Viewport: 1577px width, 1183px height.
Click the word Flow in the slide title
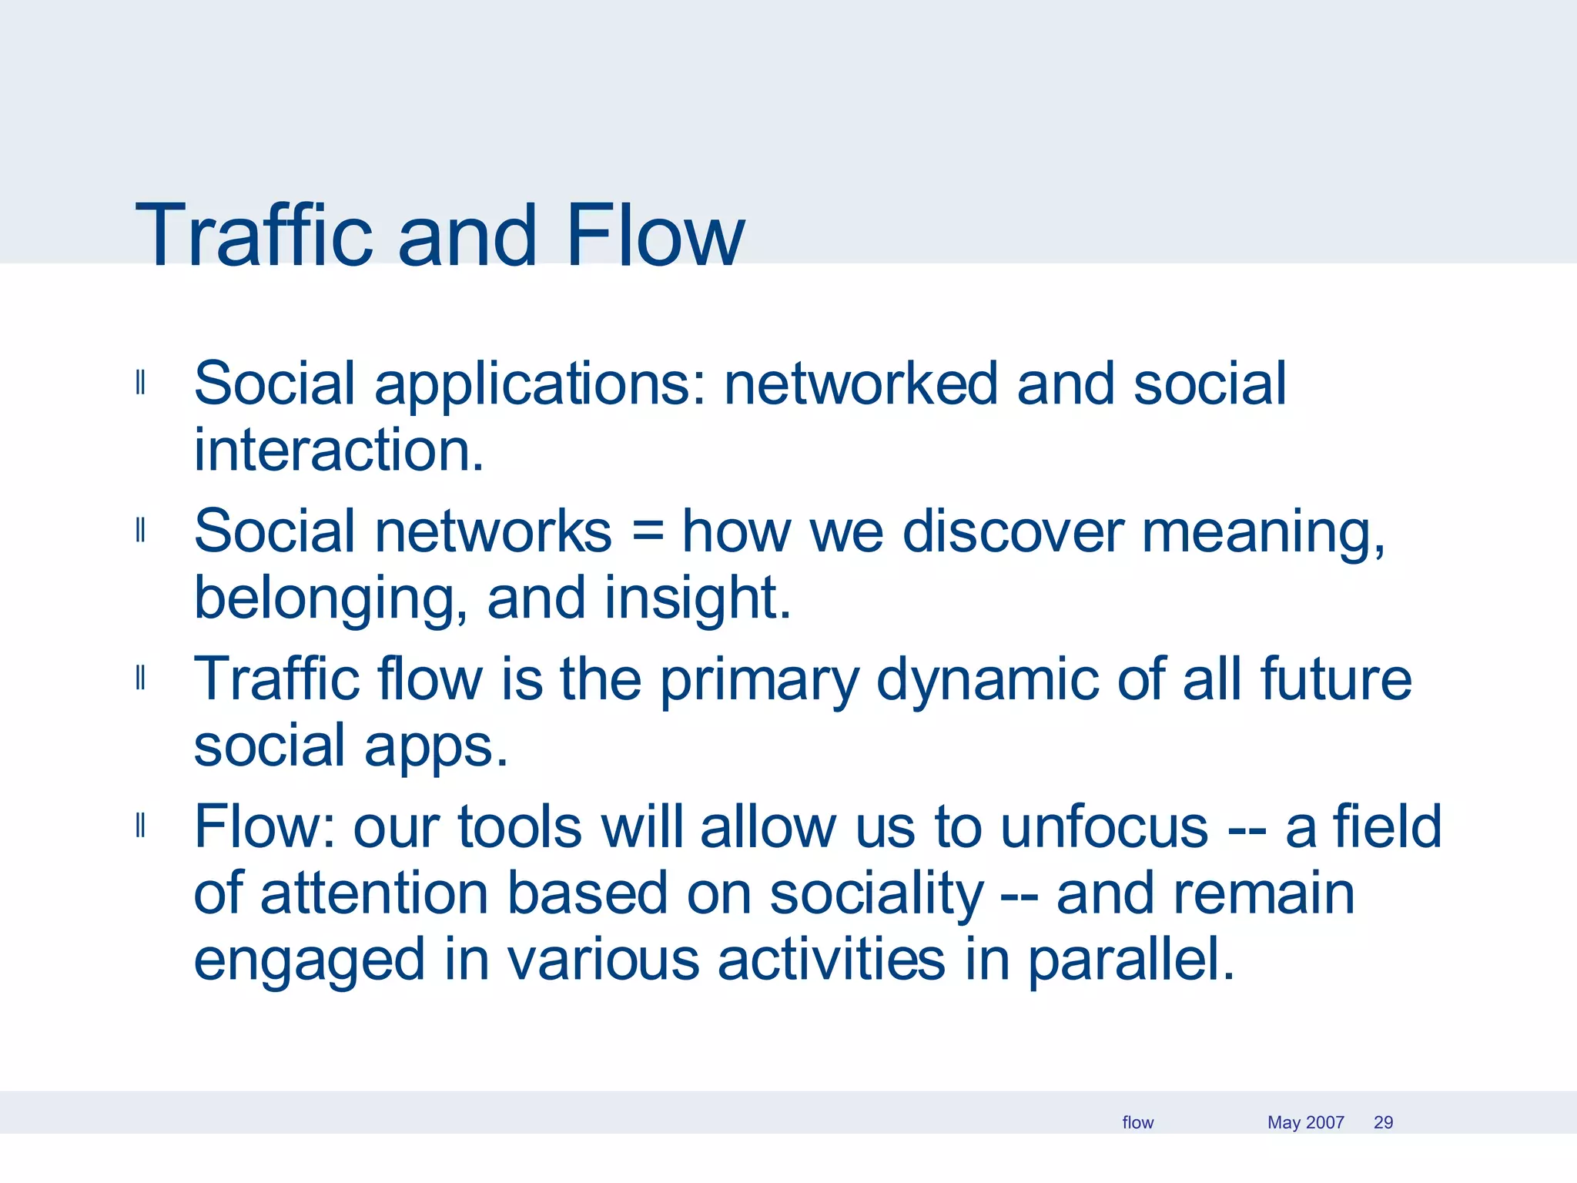[x=655, y=235]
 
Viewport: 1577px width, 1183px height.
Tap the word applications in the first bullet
[x=539, y=385]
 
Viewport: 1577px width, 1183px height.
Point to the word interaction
[x=339, y=451]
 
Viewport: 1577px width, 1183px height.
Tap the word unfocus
[x=1104, y=827]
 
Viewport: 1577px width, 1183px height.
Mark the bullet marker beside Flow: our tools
[x=140, y=826]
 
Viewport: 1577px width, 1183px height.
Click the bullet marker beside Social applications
[x=140, y=382]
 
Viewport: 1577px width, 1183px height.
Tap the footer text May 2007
[x=1305, y=1122]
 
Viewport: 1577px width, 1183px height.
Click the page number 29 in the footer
[x=1383, y=1122]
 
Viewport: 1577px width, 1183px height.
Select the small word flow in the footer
[x=1137, y=1122]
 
